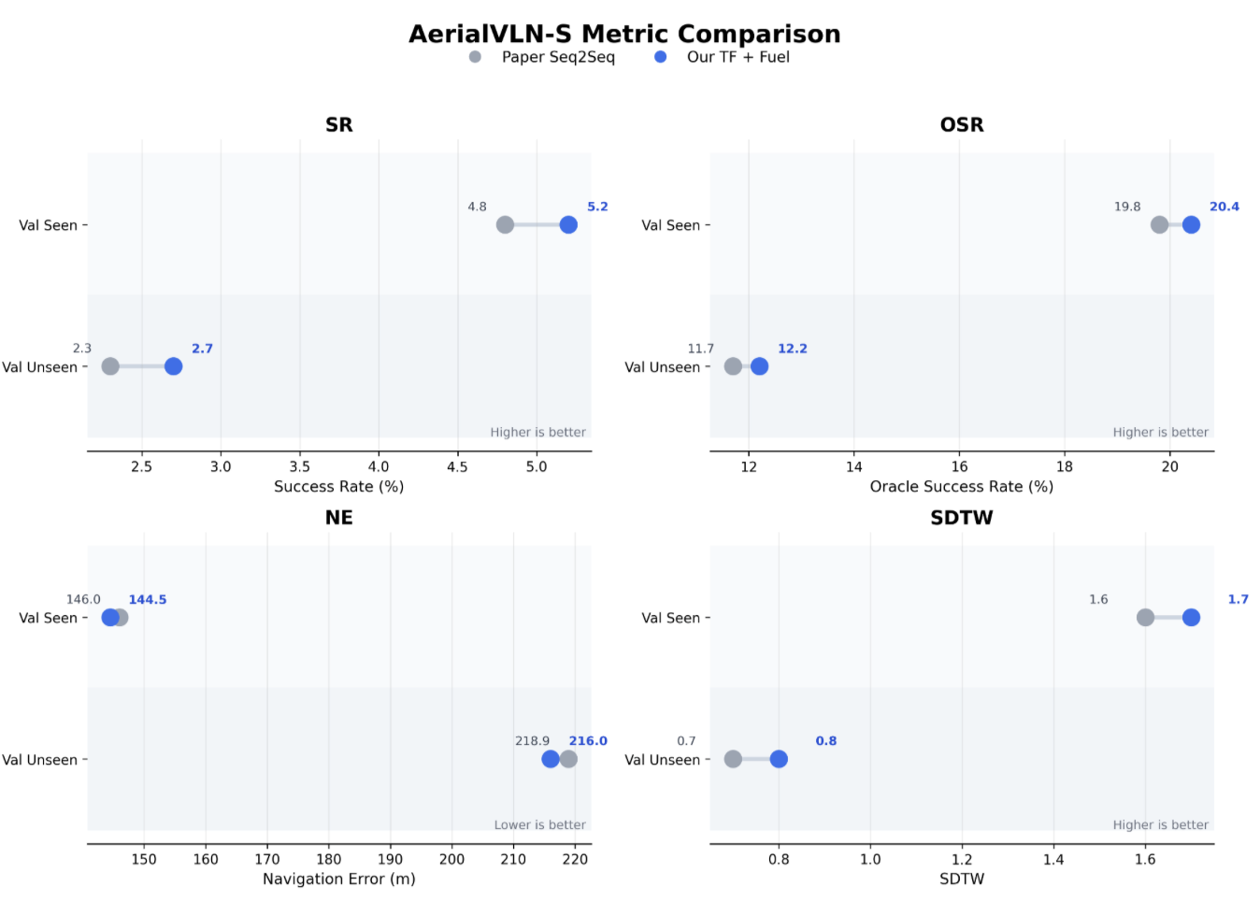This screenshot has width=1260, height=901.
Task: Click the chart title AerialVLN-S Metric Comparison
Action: [624, 35]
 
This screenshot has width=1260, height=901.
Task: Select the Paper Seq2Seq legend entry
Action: [542, 57]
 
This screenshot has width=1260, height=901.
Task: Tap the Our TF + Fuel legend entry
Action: [723, 57]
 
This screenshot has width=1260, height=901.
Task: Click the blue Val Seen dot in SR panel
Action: [568, 225]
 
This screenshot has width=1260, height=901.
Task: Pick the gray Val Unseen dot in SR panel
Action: [110, 366]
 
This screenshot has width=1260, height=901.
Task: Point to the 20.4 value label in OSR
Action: [1224, 207]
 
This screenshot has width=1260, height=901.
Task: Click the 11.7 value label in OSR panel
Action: [700, 349]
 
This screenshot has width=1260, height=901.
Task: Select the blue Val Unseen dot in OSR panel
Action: [759, 366]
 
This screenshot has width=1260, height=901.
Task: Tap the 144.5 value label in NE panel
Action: [148, 599]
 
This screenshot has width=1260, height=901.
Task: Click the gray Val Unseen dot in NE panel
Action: [568, 759]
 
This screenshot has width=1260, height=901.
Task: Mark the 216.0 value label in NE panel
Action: [588, 741]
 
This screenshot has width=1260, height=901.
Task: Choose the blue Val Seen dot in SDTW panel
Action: [1191, 618]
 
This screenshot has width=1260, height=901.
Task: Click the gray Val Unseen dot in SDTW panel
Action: [733, 759]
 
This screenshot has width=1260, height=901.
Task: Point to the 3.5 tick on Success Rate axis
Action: [300, 466]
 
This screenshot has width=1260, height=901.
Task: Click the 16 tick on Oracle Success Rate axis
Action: [959, 466]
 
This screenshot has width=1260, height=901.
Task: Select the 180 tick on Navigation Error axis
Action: [329, 859]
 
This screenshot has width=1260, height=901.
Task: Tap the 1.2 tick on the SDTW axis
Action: [962, 859]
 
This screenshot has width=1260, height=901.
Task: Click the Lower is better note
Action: [540, 824]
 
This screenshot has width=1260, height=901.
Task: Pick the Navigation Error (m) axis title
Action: [339, 880]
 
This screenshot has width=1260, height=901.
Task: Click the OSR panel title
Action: [962, 124]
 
